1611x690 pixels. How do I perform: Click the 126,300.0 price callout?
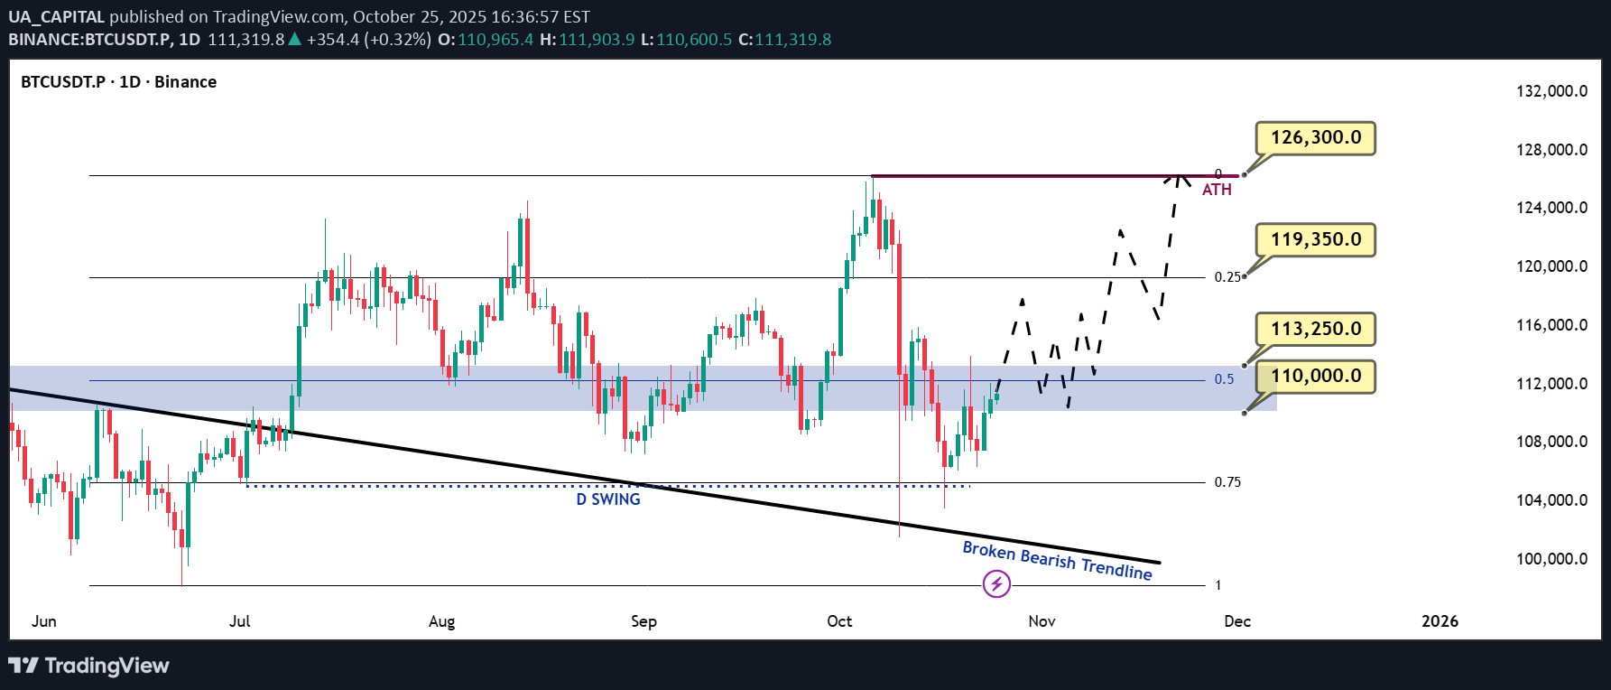tap(1315, 138)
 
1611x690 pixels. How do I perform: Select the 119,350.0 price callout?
tap(1315, 240)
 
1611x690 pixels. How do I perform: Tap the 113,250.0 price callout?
tap(1315, 330)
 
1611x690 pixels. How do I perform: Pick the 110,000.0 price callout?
tap(1315, 377)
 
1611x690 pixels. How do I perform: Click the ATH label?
tap(1217, 190)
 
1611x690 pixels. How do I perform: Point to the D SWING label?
tap(608, 499)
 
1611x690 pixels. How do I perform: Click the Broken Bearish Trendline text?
tap(1057, 561)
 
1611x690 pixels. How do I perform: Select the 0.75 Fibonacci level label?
tap(1227, 482)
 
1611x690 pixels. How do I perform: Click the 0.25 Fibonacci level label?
tap(1227, 277)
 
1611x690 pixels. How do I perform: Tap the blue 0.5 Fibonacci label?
tap(1224, 379)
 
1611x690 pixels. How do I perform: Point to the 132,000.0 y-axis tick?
tap(1551, 91)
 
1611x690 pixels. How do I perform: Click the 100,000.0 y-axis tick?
tap(1551, 559)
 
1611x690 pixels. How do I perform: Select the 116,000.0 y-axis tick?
tap(1551, 325)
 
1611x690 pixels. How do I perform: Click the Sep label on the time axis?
tap(643, 621)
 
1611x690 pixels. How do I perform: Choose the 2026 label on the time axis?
tap(1440, 621)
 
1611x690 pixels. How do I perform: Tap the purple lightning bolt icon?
tap(996, 585)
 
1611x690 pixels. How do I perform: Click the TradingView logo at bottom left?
tap(88, 667)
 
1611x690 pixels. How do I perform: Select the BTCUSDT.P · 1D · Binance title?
tap(118, 82)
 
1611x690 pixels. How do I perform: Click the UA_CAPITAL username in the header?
tap(56, 17)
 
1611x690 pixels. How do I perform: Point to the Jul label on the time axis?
tap(239, 621)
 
